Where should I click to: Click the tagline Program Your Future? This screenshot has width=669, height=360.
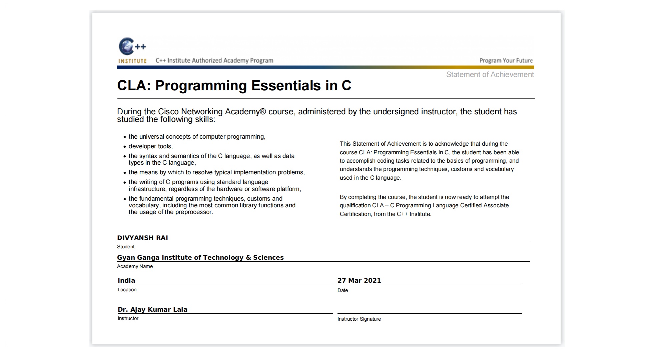tap(506, 61)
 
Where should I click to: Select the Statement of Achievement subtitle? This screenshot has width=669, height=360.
tap(490, 75)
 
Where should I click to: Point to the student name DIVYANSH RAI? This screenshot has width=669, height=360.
tap(142, 238)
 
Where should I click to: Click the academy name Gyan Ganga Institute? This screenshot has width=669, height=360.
tap(200, 258)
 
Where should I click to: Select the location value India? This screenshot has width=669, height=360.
tap(126, 281)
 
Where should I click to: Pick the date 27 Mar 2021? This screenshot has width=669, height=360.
tap(359, 281)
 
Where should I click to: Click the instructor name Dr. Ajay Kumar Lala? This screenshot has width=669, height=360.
tap(152, 310)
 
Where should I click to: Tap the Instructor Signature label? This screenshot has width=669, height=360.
tap(359, 319)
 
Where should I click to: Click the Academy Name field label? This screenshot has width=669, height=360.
tap(135, 266)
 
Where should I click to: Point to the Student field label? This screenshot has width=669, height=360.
tap(126, 247)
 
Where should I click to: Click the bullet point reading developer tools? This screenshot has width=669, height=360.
tap(150, 146)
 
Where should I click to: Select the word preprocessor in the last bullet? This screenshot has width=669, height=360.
tap(194, 212)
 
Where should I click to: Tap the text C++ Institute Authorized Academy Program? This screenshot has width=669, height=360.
tap(214, 61)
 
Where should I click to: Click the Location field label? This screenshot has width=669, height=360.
tap(127, 290)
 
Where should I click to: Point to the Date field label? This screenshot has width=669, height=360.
tap(343, 290)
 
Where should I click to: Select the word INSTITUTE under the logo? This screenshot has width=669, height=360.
tap(132, 61)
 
